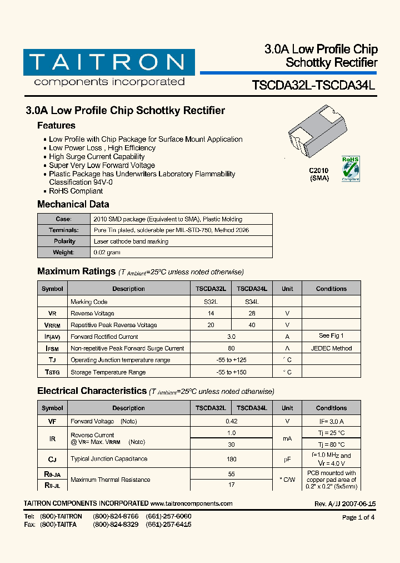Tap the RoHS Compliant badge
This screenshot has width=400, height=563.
(x=351, y=169)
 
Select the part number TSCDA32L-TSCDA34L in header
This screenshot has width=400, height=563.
(x=314, y=86)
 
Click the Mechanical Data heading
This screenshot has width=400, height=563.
(x=73, y=204)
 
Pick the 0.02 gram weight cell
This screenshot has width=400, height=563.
(x=107, y=253)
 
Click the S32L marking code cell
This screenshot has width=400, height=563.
(x=211, y=302)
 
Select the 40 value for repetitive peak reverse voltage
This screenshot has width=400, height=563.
(x=252, y=325)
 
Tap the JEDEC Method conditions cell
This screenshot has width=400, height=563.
(x=331, y=348)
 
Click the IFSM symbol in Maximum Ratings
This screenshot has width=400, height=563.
(x=52, y=348)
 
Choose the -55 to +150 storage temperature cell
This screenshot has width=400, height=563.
(x=232, y=372)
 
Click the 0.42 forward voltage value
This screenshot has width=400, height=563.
(x=232, y=422)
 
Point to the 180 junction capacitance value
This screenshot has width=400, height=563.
(x=232, y=460)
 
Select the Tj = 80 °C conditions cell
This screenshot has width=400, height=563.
(x=331, y=445)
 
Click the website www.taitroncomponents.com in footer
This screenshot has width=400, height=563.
(x=191, y=503)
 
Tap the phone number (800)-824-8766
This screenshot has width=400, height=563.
(x=116, y=516)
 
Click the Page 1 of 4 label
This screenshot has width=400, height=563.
(x=358, y=517)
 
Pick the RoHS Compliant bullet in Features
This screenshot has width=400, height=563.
(x=76, y=191)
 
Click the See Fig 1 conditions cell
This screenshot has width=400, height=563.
(x=331, y=336)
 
